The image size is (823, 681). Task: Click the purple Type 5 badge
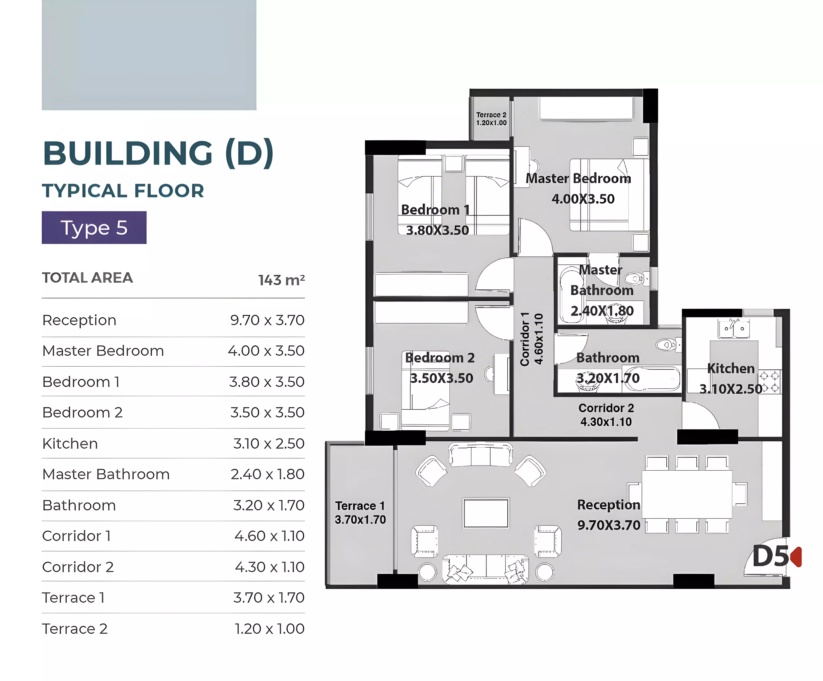coord(94,228)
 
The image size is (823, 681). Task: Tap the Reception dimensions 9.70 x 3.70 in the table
coord(267,320)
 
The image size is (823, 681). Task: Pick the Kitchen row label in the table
coord(70,444)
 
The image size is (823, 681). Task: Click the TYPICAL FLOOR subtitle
coord(123,191)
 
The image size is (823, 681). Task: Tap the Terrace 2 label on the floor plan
coord(491,115)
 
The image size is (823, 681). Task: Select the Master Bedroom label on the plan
coord(578,179)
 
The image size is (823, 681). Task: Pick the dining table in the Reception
coord(687,494)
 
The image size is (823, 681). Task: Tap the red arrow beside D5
coord(796,557)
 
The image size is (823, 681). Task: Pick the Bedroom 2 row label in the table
coord(82,413)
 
